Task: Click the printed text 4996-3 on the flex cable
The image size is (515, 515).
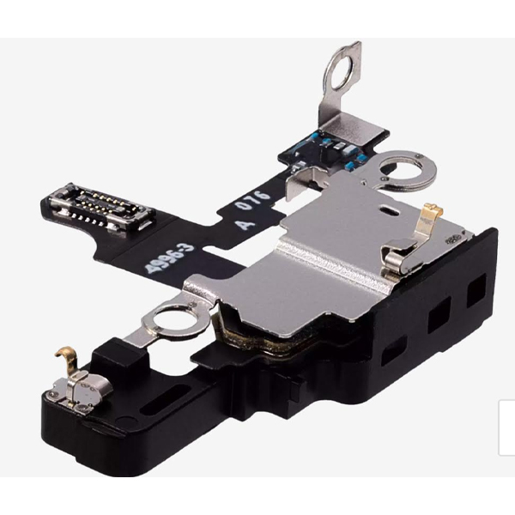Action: tap(170, 258)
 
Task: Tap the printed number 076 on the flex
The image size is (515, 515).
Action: tap(253, 200)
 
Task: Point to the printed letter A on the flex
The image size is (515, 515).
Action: tap(245, 224)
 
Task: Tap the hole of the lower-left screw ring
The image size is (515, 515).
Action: tap(171, 319)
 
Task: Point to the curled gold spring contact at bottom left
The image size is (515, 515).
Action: tap(68, 360)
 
